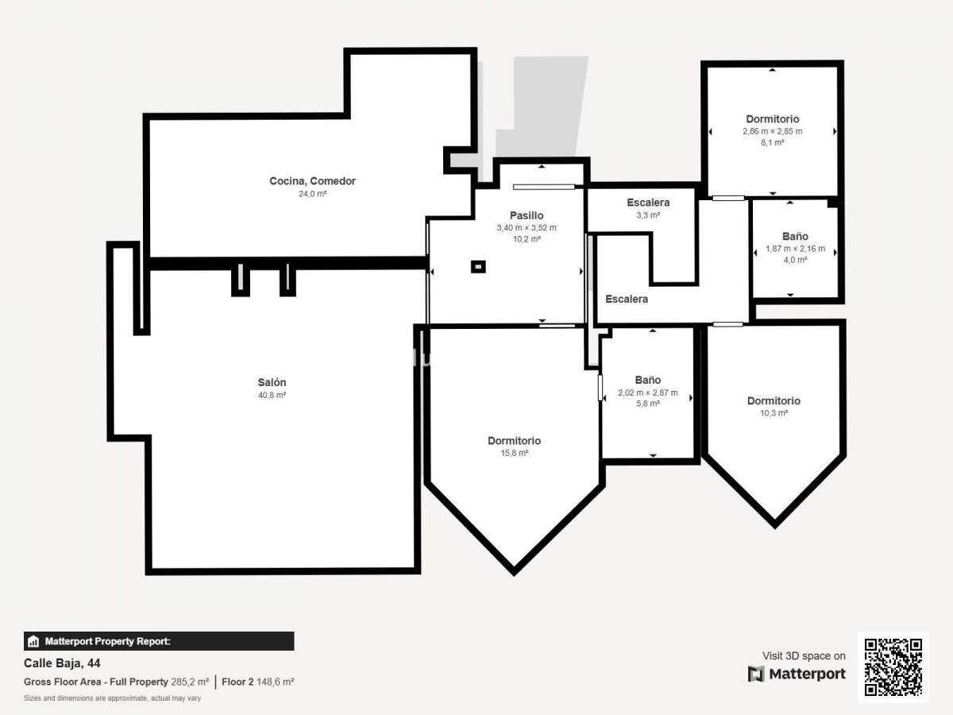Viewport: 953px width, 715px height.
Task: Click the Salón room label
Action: click(x=272, y=382)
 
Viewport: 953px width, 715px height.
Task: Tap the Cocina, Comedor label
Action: click(x=312, y=181)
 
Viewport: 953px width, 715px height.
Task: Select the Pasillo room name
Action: click(x=527, y=215)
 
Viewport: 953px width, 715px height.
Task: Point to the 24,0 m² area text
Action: click(x=312, y=194)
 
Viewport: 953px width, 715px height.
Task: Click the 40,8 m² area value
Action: click(x=272, y=395)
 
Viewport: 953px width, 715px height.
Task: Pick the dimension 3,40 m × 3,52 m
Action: click(x=527, y=227)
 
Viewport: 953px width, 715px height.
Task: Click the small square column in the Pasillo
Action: click(x=478, y=267)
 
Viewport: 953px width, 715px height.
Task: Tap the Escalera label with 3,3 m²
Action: click(x=648, y=203)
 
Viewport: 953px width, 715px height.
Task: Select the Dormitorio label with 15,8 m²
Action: click(x=514, y=441)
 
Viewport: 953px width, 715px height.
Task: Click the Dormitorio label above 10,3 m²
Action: click(x=774, y=400)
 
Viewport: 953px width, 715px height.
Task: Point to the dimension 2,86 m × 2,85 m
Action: click(x=773, y=131)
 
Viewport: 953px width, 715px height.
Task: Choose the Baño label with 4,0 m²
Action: click(x=795, y=236)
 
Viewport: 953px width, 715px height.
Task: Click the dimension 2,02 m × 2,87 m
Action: click(x=648, y=392)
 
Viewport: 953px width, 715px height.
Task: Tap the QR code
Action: click(x=893, y=667)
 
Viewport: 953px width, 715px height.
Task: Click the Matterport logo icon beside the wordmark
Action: click(x=755, y=674)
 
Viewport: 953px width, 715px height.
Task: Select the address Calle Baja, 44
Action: click(x=62, y=663)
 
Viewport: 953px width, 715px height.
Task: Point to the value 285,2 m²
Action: click(x=190, y=682)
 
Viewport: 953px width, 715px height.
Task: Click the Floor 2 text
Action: click(x=237, y=682)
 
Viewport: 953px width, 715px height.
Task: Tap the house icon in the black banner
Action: click(x=33, y=641)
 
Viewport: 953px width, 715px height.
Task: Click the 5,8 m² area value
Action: click(x=648, y=404)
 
